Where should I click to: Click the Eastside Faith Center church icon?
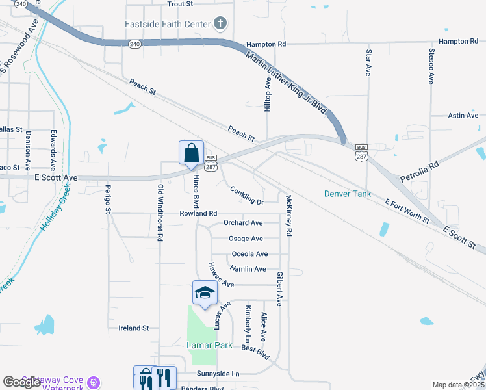[220, 25]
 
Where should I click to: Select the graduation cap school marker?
[205, 293]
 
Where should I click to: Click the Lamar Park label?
[210, 345]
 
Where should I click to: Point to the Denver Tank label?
[348, 194]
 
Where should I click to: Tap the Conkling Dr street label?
[247, 196]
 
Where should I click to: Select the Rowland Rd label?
[199, 213]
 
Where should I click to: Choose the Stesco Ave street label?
[431, 66]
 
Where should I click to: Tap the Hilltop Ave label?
[267, 95]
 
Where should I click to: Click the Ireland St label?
[134, 328]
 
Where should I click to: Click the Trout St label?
[181, 4]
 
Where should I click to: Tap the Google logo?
[21, 382]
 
